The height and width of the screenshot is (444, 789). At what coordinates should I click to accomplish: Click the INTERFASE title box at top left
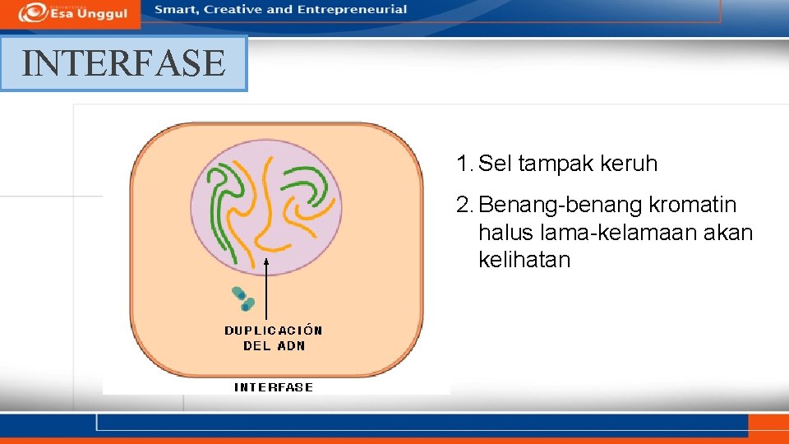[x=123, y=63]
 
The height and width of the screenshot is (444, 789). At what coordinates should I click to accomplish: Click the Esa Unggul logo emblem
[x=32, y=12]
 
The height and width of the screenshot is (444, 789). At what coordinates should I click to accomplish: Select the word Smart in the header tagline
[x=175, y=10]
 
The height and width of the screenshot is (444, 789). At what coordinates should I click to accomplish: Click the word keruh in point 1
[x=630, y=164]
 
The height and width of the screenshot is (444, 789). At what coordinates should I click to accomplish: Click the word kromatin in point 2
[x=693, y=205]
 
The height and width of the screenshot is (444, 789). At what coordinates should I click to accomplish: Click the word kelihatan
[x=524, y=261]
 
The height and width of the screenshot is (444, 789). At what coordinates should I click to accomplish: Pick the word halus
[x=505, y=233]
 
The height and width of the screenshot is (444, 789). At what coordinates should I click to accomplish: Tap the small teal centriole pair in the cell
[x=243, y=298]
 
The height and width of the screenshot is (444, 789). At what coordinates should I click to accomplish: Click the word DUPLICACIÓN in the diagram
[x=274, y=331]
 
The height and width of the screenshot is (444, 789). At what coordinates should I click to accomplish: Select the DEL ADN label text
[x=274, y=346]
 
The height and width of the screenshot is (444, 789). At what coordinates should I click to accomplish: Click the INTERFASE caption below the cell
[x=274, y=387]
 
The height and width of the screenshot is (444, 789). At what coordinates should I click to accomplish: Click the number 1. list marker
[x=464, y=164]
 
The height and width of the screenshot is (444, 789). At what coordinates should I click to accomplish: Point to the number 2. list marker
[x=464, y=205]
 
